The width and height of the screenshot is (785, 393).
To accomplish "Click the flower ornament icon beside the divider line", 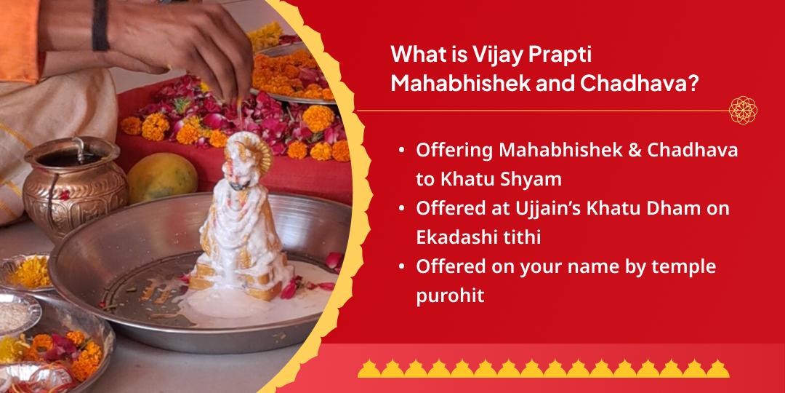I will [744, 111].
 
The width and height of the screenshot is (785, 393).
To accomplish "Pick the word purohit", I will [451, 297].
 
